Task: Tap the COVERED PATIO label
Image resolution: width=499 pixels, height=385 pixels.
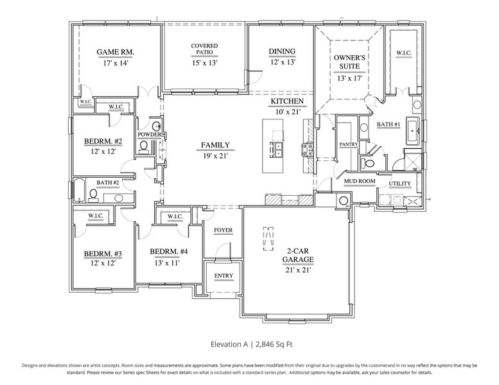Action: [x=204, y=49]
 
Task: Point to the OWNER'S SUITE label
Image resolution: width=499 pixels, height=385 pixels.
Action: [x=350, y=61]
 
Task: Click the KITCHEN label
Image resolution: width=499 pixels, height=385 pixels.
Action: [x=287, y=101]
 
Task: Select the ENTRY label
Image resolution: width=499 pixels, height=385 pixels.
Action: [x=223, y=276]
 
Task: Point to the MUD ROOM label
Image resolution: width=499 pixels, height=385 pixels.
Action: [x=359, y=182]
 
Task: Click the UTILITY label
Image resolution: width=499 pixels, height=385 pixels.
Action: [x=399, y=184]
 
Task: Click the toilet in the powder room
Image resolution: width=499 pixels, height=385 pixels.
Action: [x=144, y=147]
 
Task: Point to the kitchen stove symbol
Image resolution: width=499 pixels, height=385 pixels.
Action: [x=307, y=150]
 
